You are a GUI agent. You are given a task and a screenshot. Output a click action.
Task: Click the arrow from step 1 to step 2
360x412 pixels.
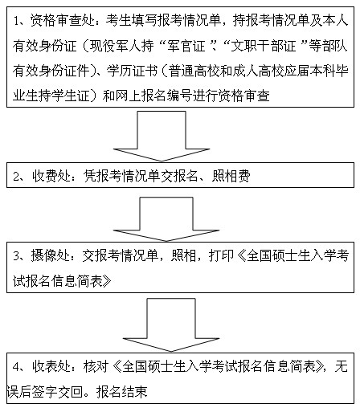(x=162, y=137)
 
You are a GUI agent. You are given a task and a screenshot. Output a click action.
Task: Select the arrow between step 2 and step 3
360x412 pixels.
(x=166, y=219)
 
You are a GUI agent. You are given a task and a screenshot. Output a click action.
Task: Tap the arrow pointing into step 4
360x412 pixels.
(x=171, y=324)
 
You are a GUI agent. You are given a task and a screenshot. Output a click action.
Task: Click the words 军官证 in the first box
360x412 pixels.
(x=186, y=46)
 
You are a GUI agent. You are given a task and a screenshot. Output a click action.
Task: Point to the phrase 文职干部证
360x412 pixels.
(x=264, y=46)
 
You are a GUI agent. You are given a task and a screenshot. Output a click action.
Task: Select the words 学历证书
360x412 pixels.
(x=133, y=71)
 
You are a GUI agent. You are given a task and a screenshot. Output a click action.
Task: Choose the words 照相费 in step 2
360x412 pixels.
(x=231, y=176)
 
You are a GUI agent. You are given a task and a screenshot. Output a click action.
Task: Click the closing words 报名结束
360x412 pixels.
(x=122, y=392)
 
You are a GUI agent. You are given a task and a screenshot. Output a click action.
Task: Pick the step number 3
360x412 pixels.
(x=17, y=256)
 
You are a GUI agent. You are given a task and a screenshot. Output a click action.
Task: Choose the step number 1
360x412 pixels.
(x=17, y=21)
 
